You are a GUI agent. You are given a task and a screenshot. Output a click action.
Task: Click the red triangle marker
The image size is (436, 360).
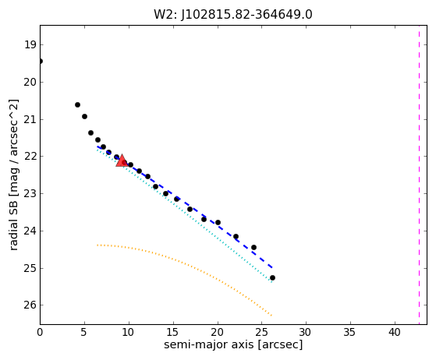pyautogui.click(x=122, y=161)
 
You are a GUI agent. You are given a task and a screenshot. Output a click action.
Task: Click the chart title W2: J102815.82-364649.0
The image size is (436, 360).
pyautogui.click(x=233, y=15)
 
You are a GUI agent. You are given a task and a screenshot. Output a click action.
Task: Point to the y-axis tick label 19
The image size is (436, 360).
pyautogui.click(x=30, y=44)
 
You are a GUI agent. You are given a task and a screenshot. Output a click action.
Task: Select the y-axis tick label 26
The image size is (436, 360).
pyautogui.click(x=30, y=305)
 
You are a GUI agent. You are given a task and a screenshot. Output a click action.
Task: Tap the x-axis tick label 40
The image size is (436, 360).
pyautogui.click(x=395, y=332)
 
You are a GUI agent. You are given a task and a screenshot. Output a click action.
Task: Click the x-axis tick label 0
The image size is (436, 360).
pyautogui.click(x=40, y=332)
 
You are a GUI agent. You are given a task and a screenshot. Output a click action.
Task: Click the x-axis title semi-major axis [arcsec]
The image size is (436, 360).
pyautogui.click(x=233, y=344)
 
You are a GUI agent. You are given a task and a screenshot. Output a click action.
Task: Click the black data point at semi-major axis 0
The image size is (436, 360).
pyautogui.click(x=41, y=61)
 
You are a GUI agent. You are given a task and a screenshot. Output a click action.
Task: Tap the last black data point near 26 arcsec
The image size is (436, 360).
pyautogui.click(x=272, y=277)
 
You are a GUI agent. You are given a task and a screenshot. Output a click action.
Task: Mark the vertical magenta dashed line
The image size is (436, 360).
pyautogui.click(x=419, y=175)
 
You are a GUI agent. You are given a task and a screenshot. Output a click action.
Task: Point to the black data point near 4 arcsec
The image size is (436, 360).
pyautogui.click(x=77, y=104)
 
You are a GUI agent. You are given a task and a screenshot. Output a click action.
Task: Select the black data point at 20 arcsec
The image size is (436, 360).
pyautogui.click(x=218, y=223)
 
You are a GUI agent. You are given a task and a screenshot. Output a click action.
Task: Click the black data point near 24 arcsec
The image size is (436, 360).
pyautogui.click(x=253, y=247)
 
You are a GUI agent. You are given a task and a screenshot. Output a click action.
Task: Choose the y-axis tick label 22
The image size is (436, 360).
pyautogui.click(x=30, y=157)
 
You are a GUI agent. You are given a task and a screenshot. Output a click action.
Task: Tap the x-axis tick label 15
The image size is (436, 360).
pyautogui.click(x=173, y=332)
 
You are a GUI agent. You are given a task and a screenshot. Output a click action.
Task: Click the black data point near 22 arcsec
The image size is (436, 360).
pyautogui.click(x=236, y=236)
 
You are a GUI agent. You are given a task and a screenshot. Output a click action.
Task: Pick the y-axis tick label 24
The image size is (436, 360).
pyautogui.click(x=30, y=231)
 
